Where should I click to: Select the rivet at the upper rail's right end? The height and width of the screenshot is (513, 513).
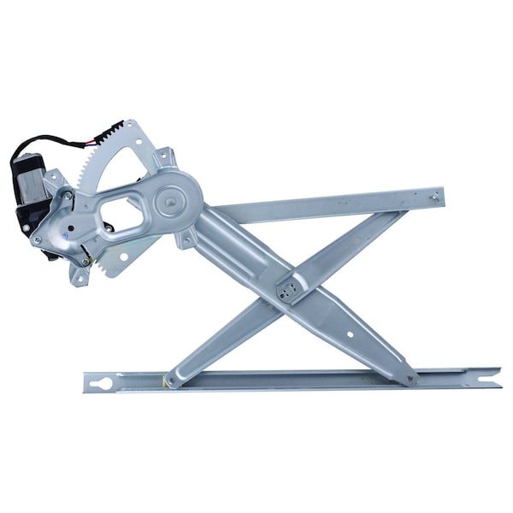tap(434, 197)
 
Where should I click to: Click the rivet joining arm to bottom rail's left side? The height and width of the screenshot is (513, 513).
tap(174, 380)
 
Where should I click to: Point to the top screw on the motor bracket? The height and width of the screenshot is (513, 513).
tap(68, 196)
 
